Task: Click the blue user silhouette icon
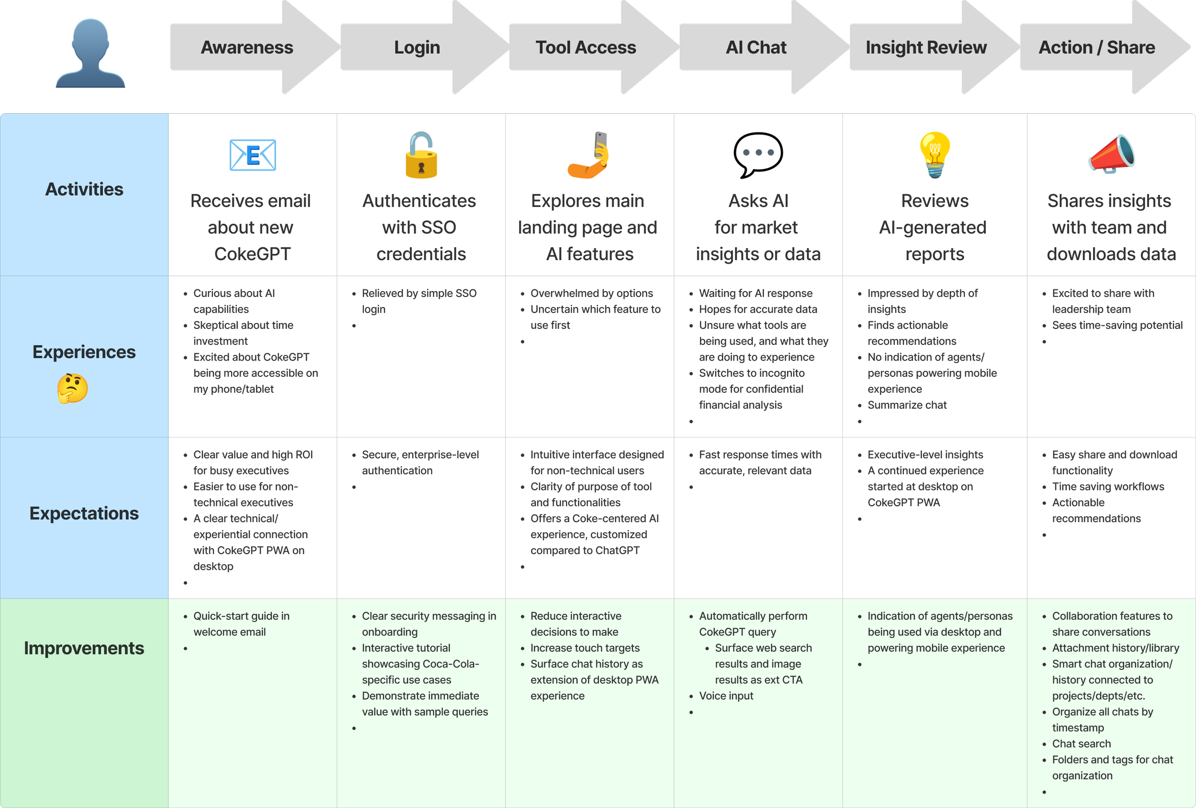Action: click(x=90, y=53)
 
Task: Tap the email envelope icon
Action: click(x=252, y=155)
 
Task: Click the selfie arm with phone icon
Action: click(x=589, y=155)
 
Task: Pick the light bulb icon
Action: click(x=935, y=155)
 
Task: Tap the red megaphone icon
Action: click(x=1111, y=154)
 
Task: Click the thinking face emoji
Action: click(x=73, y=388)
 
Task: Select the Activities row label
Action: click(x=84, y=189)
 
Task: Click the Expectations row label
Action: click(x=84, y=513)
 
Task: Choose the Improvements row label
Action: click(x=84, y=648)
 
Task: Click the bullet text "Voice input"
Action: click(x=726, y=696)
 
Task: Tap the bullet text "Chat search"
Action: click(x=1081, y=744)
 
